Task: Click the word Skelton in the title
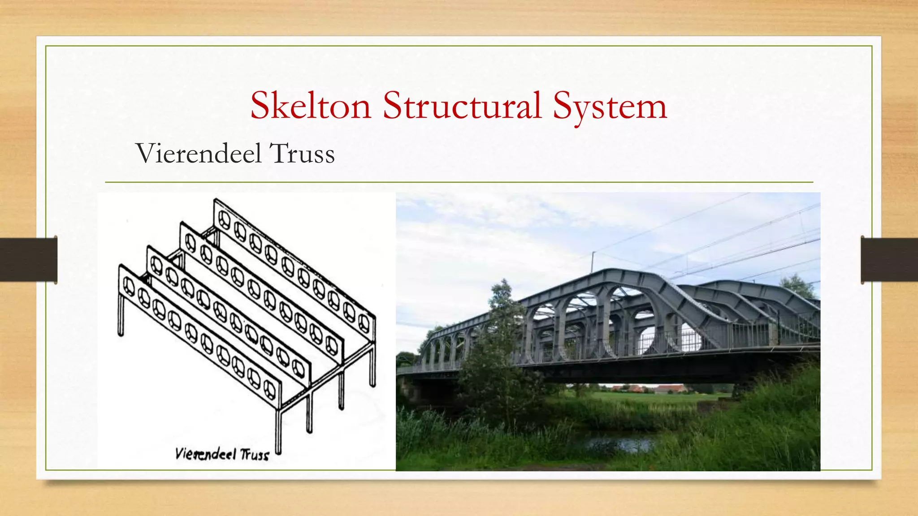[311, 106]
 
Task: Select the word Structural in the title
[462, 106]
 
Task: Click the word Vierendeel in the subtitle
[198, 154]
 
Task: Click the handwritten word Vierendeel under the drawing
[206, 454]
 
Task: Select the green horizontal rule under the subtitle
[459, 182]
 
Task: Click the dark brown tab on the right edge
[889, 260]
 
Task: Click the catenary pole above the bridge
[593, 262]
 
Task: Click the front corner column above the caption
[278, 430]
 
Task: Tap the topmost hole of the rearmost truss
[224, 219]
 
